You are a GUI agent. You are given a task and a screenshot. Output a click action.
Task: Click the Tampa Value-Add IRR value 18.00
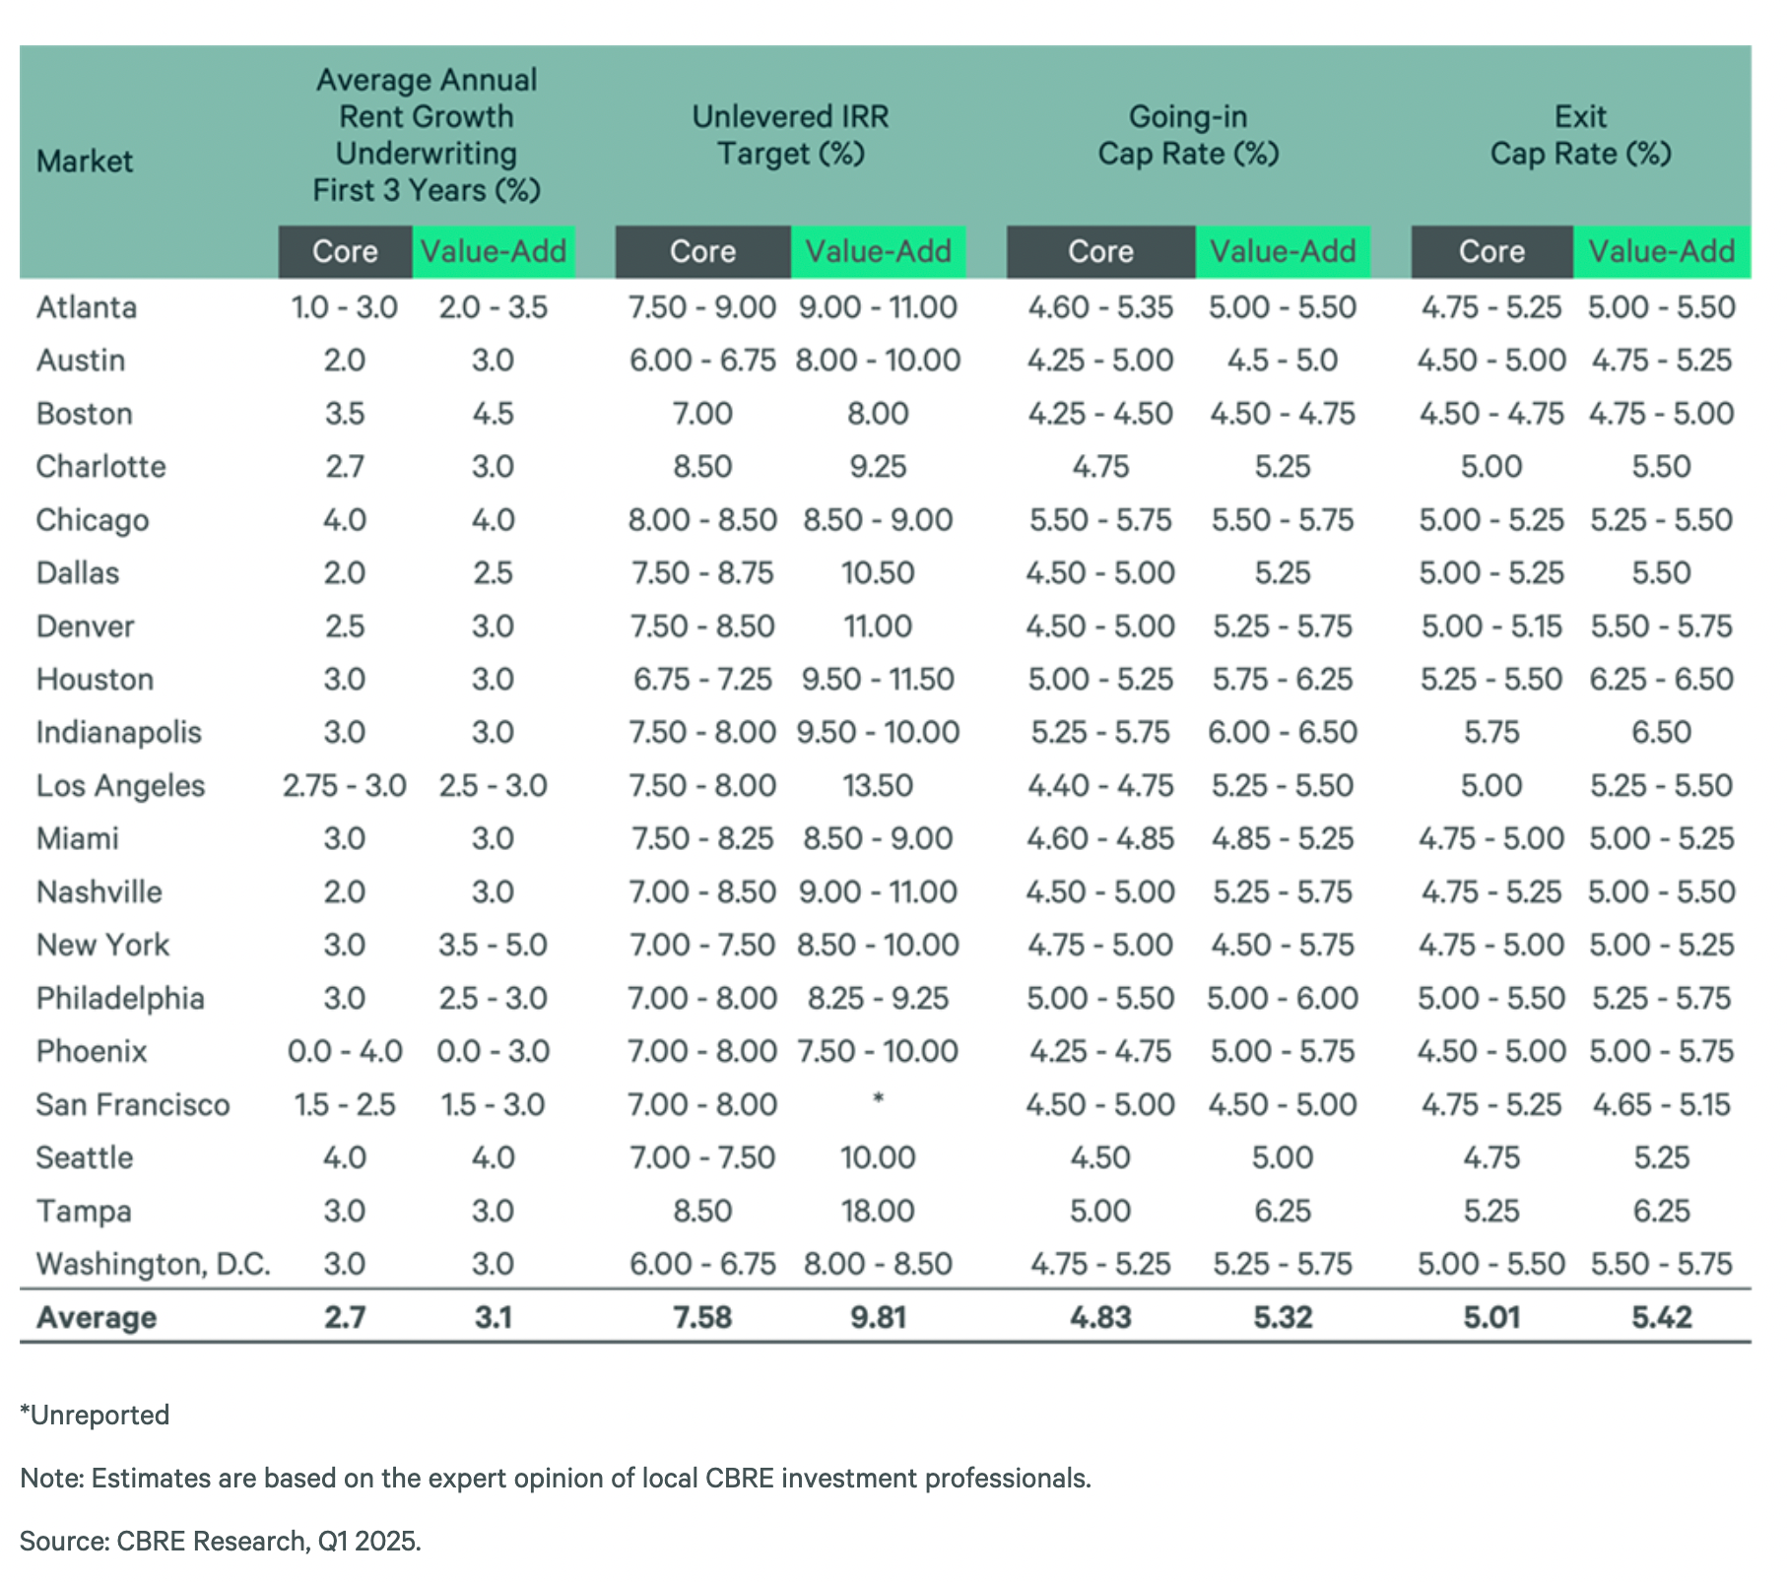coord(878,1211)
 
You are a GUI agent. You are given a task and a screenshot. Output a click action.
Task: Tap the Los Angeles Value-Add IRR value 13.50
coord(878,785)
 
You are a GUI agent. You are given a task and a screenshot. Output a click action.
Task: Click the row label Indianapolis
coord(118,732)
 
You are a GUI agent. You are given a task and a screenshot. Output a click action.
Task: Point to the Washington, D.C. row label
coord(153,1264)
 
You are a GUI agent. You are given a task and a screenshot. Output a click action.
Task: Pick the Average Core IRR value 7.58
coord(702,1317)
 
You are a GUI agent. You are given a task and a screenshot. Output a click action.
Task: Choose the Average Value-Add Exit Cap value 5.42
coord(1662,1317)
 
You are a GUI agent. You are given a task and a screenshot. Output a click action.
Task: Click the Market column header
coord(85,161)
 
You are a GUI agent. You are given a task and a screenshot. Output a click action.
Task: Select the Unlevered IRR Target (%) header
coord(790,135)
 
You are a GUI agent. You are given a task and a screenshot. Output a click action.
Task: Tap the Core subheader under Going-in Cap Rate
coord(1100,251)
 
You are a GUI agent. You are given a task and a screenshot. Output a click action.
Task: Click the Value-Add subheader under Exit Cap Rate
coord(1661,251)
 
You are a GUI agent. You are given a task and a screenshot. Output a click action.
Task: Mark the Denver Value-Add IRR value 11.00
coord(878,626)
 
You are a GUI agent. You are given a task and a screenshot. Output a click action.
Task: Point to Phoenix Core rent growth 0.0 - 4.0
coord(345,1051)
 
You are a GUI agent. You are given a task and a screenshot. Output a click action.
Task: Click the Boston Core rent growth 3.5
coord(345,413)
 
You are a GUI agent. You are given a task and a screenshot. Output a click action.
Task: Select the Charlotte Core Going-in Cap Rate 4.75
coord(1100,466)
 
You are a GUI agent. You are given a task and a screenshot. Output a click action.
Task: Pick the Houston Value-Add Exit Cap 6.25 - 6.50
coord(1662,679)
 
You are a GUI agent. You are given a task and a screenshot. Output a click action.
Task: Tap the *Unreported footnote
coord(95,1415)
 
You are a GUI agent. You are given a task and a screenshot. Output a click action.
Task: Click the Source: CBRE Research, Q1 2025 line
coord(221,1541)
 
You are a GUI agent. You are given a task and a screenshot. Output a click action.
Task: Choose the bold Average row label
coord(97,1317)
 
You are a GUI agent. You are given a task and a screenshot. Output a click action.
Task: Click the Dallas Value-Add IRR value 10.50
coord(878,572)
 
